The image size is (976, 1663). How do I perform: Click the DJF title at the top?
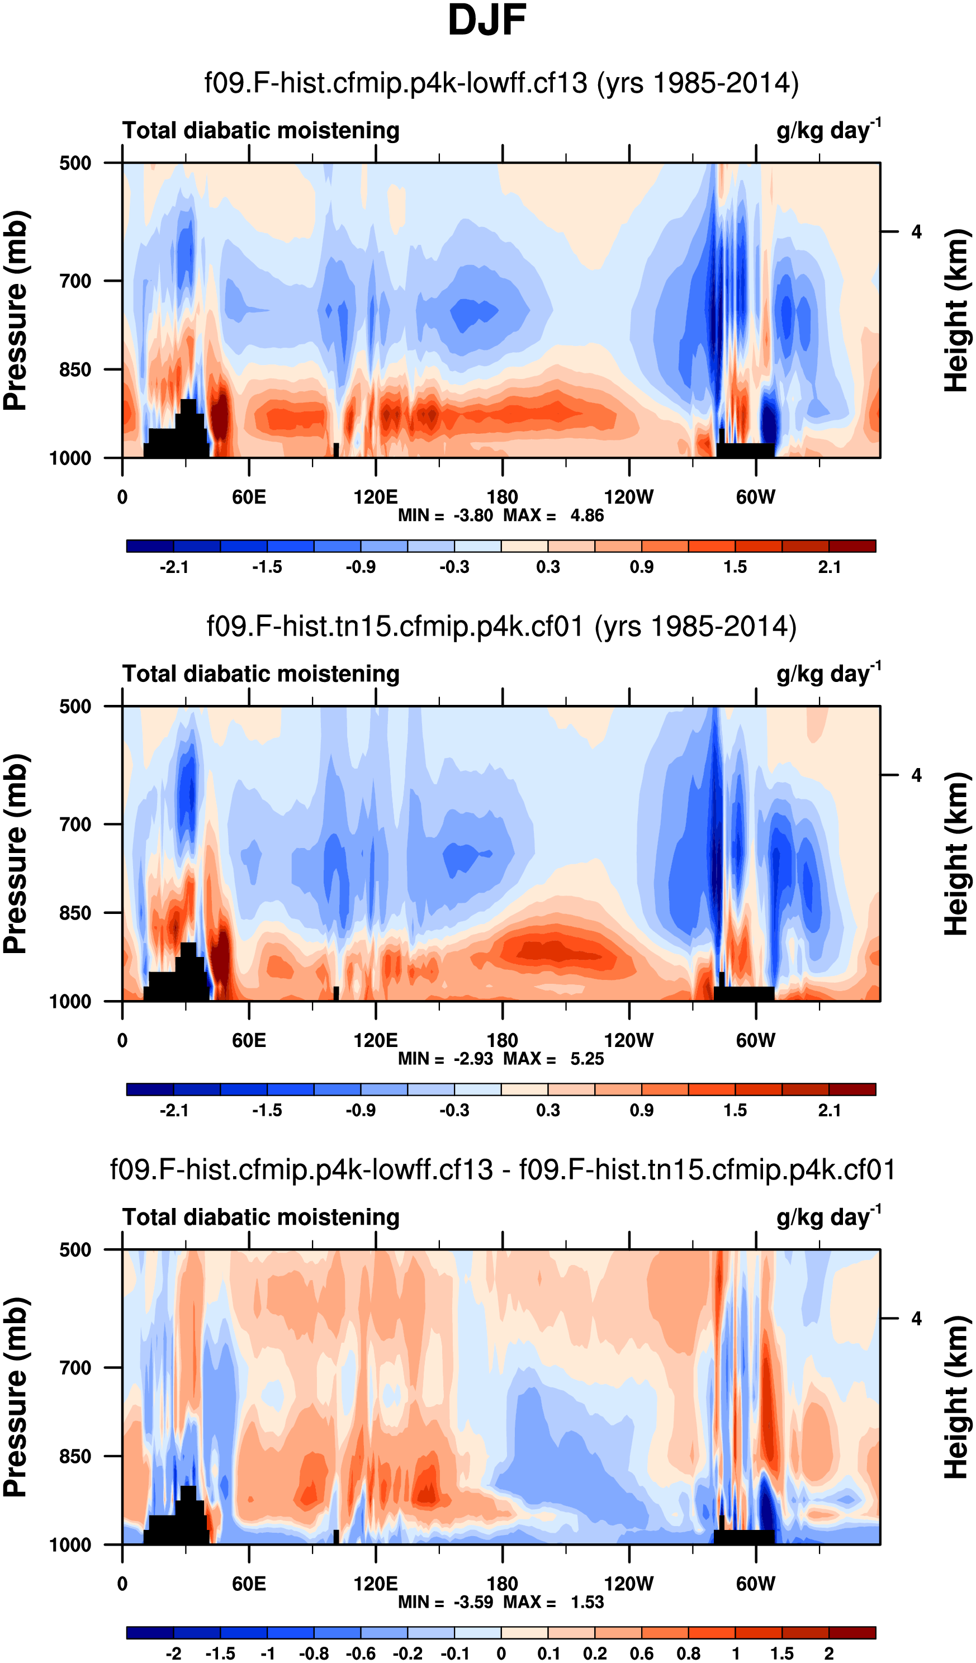point(487,21)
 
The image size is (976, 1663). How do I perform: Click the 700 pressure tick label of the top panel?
point(75,281)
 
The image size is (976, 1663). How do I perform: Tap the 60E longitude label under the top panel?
point(249,497)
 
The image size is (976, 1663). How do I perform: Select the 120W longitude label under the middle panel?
point(628,1041)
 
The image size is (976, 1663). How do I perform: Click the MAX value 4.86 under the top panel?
point(586,515)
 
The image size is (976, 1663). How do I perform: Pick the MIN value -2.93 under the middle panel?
point(473,1059)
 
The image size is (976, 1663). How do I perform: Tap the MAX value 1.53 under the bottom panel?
point(586,1602)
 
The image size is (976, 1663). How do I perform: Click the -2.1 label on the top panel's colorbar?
point(173,567)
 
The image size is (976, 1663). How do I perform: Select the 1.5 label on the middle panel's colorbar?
point(735,1110)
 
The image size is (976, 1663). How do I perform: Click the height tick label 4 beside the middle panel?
point(916,775)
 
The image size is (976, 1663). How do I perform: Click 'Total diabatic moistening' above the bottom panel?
point(260,1217)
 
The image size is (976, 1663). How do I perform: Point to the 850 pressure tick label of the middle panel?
point(75,913)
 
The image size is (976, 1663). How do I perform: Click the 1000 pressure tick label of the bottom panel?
point(70,1545)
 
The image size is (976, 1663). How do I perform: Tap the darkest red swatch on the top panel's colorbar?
point(852,546)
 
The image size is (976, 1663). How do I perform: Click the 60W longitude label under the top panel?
point(756,497)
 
